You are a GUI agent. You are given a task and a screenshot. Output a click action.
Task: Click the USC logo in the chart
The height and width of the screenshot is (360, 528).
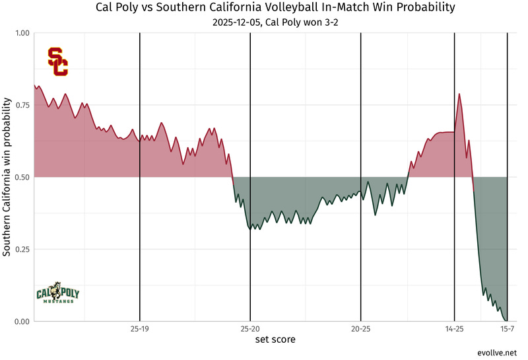(57, 61)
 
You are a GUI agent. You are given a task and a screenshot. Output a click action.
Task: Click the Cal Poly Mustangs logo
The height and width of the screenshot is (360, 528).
(57, 292)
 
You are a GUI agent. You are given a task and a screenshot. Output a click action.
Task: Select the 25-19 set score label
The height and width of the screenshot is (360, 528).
(140, 328)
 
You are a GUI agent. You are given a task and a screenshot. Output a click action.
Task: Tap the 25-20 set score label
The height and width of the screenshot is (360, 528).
(250, 328)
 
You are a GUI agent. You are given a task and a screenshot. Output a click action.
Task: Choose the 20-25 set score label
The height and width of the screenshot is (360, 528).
(360, 328)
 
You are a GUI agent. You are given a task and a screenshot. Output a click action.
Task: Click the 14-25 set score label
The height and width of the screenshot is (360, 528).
(455, 328)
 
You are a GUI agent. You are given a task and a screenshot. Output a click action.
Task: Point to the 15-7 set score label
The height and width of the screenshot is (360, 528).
(506, 328)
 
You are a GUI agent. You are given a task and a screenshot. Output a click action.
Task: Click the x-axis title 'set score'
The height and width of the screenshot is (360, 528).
(275, 340)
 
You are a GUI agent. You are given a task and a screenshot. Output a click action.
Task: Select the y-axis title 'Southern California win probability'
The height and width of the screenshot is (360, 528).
(7, 177)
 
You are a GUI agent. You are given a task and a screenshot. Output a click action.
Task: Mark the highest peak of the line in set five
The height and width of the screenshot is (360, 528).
(459, 94)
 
